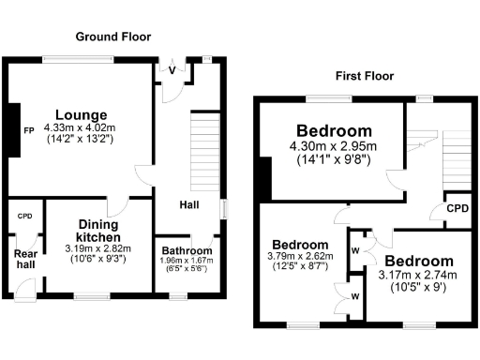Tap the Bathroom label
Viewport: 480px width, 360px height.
click(185, 250)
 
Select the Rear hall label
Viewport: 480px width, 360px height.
click(24, 260)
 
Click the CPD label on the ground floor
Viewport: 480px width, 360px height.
click(24, 217)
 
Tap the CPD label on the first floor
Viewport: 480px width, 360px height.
click(457, 209)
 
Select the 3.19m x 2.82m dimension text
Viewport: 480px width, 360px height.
click(98, 248)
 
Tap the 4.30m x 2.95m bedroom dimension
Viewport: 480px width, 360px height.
click(334, 146)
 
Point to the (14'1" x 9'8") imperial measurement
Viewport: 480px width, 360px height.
click(334, 159)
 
